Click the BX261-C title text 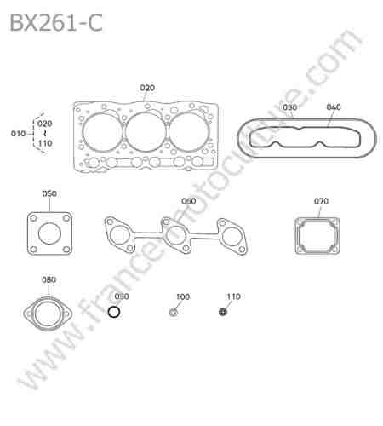pos(56,22)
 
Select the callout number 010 pos(18,134)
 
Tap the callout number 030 pos(289,107)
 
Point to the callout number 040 pos(334,107)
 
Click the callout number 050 pos(49,193)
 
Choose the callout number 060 pos(189,201)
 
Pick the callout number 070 pos(321,201)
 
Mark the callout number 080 pos(49,279)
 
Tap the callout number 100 pos(183,296)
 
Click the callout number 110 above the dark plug pos(233,296)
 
